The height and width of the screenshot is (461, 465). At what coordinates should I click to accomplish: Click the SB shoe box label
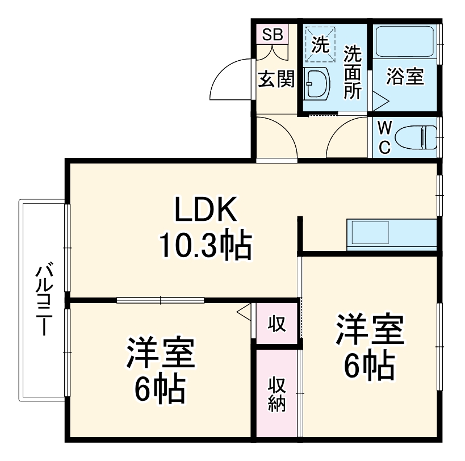coord(272,34)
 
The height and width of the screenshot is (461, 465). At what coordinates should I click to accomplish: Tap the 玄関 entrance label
coord(277,79)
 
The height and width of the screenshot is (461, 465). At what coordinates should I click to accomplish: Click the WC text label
coord(384,137)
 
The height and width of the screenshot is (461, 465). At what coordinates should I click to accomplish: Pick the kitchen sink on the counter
coord(370,233)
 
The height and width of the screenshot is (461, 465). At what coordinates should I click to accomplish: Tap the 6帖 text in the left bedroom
coord(160,388)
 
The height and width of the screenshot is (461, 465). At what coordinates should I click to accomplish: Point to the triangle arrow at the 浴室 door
coord(380,103)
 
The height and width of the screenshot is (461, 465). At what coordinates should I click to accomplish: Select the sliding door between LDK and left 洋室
coord(161,300)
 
